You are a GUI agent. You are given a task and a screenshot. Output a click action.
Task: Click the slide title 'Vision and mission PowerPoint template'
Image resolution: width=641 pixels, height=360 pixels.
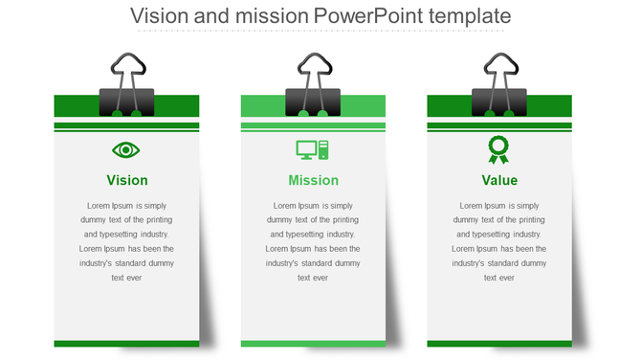point(320,16)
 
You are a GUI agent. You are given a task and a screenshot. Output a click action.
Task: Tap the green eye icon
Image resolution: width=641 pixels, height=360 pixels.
point(126,149)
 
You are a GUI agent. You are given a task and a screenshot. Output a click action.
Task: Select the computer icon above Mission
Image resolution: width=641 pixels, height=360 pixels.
point(313,149)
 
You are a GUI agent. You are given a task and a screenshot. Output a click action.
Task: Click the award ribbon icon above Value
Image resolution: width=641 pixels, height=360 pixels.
point(498,149)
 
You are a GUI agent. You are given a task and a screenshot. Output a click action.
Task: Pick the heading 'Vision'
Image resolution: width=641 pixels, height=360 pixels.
point(127,180)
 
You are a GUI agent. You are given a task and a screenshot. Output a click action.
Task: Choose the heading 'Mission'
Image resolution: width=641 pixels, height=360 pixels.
point(313,180)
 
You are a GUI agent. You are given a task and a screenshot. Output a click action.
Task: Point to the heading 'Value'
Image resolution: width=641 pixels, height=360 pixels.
point(499,180)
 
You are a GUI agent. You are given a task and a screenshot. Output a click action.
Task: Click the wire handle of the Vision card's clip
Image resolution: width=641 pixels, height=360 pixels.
point(126,69)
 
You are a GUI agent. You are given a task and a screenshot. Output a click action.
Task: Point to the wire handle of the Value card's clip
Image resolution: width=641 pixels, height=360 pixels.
point(499,69)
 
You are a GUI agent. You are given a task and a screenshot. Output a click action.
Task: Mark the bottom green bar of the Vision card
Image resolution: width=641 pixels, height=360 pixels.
point(126,344)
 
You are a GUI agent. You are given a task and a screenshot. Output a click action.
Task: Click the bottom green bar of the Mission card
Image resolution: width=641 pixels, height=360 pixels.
point(313,344)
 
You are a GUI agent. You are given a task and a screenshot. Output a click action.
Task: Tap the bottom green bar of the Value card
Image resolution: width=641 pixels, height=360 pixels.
point(499,344)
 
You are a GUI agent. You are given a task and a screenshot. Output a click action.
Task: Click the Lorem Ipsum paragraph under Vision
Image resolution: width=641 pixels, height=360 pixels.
point(126,241)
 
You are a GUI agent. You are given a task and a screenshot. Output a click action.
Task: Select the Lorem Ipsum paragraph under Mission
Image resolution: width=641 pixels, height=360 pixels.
point(313,241)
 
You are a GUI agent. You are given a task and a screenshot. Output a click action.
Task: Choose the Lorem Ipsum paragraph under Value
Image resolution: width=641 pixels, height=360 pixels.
point(499,241)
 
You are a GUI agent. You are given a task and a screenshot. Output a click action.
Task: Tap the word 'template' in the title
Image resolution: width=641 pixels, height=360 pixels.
point(476,16)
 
